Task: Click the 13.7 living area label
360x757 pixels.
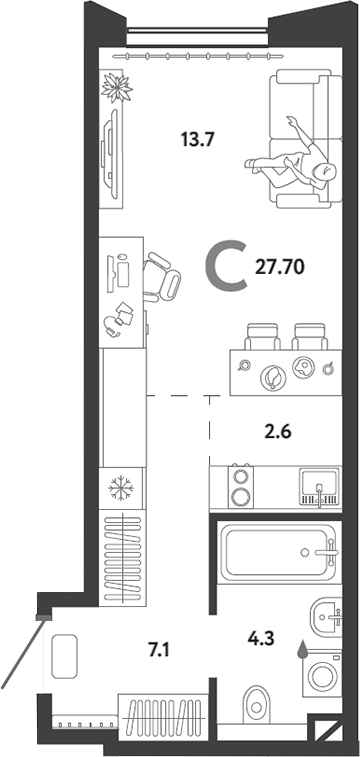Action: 197,140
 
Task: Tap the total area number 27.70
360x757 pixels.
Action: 280,267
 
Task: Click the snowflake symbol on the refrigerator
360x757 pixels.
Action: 121,488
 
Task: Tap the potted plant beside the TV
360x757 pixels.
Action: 117,87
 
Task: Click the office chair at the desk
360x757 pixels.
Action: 161,277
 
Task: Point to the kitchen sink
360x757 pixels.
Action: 318,485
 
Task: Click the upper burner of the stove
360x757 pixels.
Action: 241,476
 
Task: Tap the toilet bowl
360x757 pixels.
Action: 256,706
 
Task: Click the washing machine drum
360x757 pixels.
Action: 321,675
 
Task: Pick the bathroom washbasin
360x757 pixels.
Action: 325,617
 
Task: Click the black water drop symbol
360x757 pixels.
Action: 303,649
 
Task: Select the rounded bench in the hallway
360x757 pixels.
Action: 64,657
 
